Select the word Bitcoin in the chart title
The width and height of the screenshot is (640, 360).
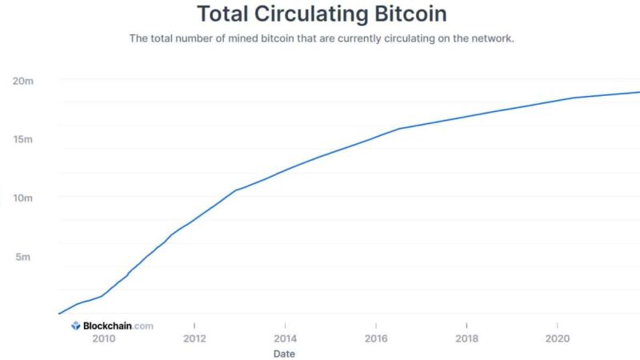point(408,14)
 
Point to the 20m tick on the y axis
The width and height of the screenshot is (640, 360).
point(22,82)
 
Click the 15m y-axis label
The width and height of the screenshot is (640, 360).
point(22,140)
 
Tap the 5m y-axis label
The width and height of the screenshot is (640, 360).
point(24,257)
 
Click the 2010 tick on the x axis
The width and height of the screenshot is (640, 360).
point(103,338)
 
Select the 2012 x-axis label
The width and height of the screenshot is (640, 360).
point(194,338)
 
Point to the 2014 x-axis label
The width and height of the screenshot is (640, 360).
point(285,338)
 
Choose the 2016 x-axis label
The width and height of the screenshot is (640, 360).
point(376,338)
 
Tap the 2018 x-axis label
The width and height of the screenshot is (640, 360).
point(466,338)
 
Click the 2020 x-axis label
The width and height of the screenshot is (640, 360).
point(557,338)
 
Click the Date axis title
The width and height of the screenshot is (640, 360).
point(285,353)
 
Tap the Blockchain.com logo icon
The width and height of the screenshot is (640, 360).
point(76,326)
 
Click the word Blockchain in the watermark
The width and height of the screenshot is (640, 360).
point(107,326)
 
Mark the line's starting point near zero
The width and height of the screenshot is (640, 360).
point(59,314)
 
